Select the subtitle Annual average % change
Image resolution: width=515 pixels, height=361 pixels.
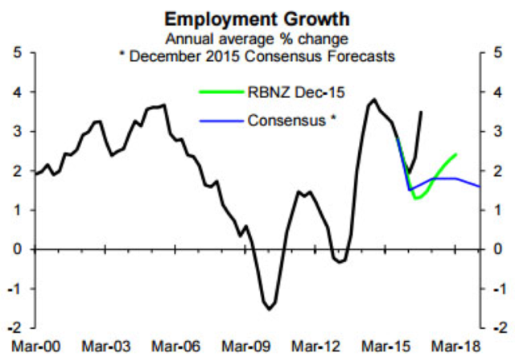(x=257, y=37)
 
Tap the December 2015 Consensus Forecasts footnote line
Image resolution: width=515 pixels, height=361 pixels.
(x=257, y=54)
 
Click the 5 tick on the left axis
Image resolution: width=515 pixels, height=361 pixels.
(x=18, y=54)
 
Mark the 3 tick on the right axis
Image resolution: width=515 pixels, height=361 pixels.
(x=499, y=132)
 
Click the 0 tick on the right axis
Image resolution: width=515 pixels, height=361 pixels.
(x=499, y=250)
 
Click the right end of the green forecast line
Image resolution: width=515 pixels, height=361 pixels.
(x=457, y=154)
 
